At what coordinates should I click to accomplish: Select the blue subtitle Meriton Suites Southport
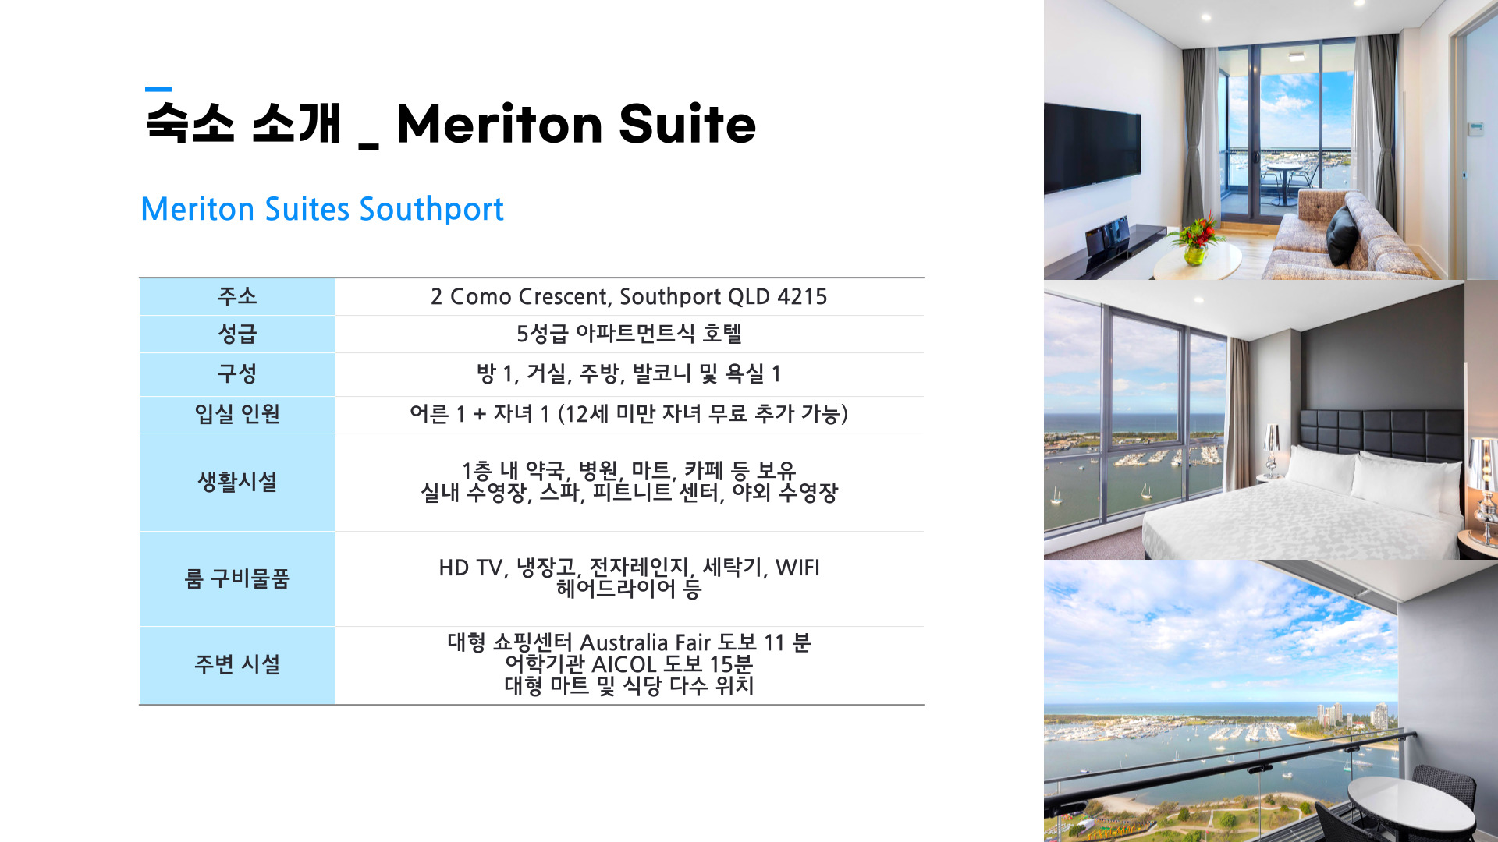click(322, 209)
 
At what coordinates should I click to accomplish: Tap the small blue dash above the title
click(158, 89)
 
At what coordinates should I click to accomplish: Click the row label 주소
click(237, 296)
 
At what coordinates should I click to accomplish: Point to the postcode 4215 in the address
click(802, 297)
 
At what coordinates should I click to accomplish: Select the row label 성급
click(237, 334)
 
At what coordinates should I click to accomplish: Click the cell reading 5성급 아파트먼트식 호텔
click(629, 334)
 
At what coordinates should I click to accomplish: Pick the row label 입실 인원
click(237, 414)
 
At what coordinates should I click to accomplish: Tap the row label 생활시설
click(237, 482)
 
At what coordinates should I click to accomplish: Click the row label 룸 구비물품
click(237, 578)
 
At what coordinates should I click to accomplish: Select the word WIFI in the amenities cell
click(797, 568)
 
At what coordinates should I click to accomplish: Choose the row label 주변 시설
click(237, 664)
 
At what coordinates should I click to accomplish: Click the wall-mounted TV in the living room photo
click(1092, 148)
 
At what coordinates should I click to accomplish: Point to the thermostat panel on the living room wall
click(1476, 129)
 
